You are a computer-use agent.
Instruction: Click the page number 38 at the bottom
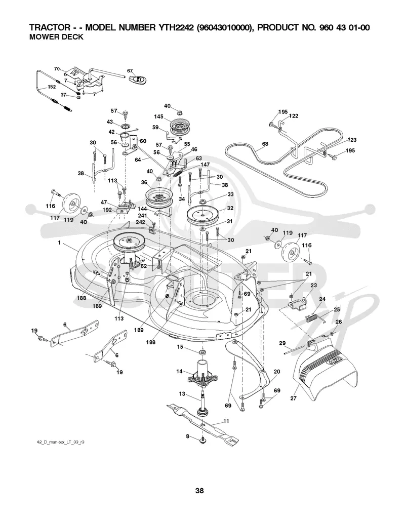(x=199, y=490)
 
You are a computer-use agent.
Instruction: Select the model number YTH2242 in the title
(x=175, y=27)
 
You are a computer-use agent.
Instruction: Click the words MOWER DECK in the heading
(x=56, y=37)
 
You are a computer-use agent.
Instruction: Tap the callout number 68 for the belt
(x=265, y=144)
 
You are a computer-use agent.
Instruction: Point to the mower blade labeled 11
(x=202, y=422)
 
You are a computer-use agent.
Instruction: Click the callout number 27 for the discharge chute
(x=293, y=398)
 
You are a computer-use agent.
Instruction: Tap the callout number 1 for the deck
(x=59, y=243)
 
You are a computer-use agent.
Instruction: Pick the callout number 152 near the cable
(x=52, y=87)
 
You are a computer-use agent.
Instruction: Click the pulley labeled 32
(x=202, y=215)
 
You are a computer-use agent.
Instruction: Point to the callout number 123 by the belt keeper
(x=352, y=140)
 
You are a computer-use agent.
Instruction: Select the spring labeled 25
(x=314, y=319)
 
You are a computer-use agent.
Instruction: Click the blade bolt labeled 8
(x=202, y=439)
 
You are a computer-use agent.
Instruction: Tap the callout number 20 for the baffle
(x=277, y=372)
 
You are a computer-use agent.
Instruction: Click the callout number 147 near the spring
(x=205, y=165)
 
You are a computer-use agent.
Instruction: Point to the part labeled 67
(x=139, y=79)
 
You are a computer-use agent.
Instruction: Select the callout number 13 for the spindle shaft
(x=182, y=394)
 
